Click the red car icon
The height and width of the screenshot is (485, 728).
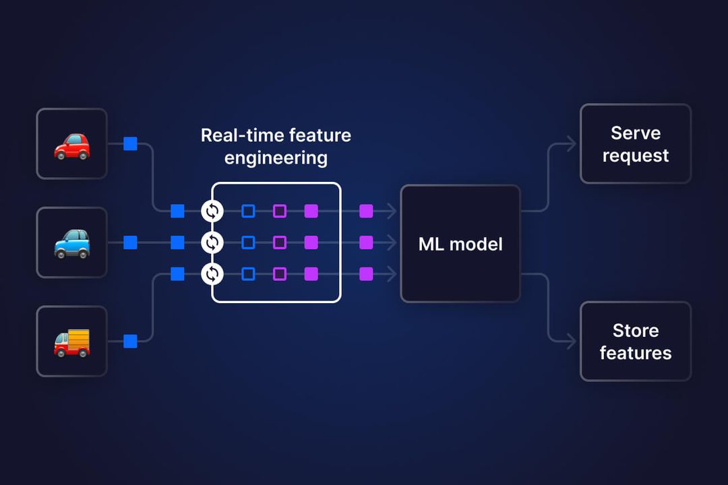(x=71, y=145)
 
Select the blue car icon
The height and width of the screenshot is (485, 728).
(x=71, y=243)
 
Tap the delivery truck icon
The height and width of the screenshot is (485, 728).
(x=71, y=342)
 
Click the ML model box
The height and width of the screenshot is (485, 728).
(x=460, y=243)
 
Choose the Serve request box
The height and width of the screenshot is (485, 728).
(x=635, y=144)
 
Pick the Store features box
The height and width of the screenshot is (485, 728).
(x=635, y=342)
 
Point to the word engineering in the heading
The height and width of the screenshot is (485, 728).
(x=276, y=158)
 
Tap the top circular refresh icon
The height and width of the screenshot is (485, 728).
(x=212, y=212)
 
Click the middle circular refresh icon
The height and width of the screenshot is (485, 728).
(x=212, y=243)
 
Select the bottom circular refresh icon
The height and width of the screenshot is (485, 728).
(x=212, y=274)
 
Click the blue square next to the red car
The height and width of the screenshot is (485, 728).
(x=130, y=144)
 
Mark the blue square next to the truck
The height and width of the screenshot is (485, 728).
(x=130, y=342)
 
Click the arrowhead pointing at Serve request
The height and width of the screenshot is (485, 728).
(x=572, y=144)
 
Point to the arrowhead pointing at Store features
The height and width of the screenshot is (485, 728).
(x=572, y=342)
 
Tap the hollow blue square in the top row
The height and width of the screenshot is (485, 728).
(x=248, y=212)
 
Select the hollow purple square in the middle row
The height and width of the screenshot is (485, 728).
(x=280, y=243)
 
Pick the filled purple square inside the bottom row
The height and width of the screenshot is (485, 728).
(x=311, y=274)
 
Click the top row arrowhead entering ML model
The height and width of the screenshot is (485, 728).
(x=392, y=212)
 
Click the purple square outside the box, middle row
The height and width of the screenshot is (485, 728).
(x=366, y=243)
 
